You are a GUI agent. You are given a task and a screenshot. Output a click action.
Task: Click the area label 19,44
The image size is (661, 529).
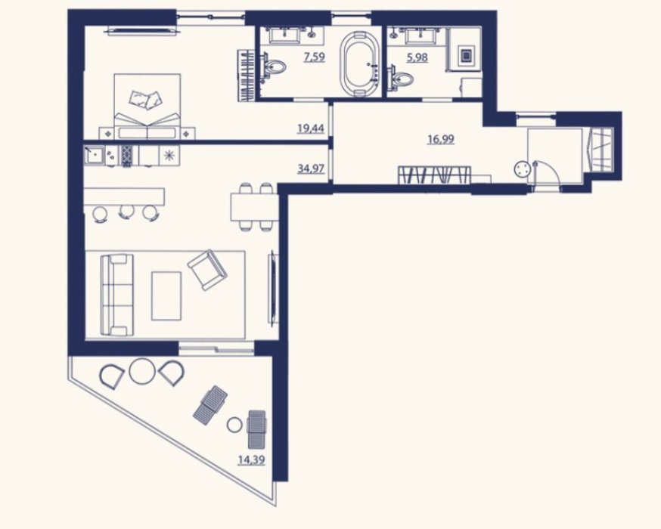(x=311, y=128)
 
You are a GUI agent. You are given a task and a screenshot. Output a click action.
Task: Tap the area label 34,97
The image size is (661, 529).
(x=311, y=169)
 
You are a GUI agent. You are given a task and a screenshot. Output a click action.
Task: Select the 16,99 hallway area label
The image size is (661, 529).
(x=441, y=138)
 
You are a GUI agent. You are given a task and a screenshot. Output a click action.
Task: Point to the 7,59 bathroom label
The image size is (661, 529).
(x=315, y=57)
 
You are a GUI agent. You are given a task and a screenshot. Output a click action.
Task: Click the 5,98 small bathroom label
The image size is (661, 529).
(x=417, y=57)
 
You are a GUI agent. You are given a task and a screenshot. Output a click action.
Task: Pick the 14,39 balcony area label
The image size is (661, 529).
(x=252, y=459)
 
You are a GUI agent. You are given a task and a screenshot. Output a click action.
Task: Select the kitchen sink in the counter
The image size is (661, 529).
(x=94, y=156)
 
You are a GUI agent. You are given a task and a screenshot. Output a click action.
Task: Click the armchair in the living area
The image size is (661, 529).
(x=207, y=270)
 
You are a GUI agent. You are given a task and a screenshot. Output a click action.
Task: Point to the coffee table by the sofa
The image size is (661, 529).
(x=166, y=296)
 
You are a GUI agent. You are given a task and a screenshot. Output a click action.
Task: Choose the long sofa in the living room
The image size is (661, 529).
(x=114, y=295)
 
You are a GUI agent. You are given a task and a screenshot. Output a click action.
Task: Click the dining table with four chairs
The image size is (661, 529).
(x=253, y=206)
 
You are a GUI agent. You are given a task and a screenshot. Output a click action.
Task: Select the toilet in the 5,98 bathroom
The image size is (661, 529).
(x=402, y=78)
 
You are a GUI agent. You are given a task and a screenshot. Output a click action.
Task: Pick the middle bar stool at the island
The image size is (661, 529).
(x=125, y=212)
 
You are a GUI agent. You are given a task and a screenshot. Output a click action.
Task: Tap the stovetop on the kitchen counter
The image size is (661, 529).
(x=127, y=156)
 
